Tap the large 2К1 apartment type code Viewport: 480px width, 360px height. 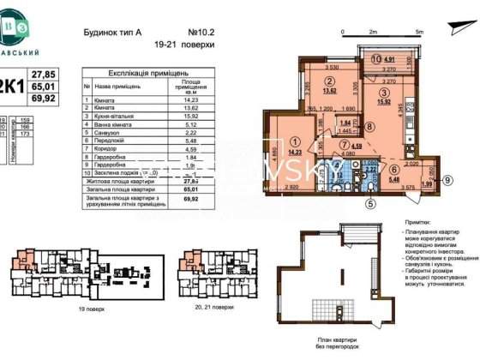click(9, 86)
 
